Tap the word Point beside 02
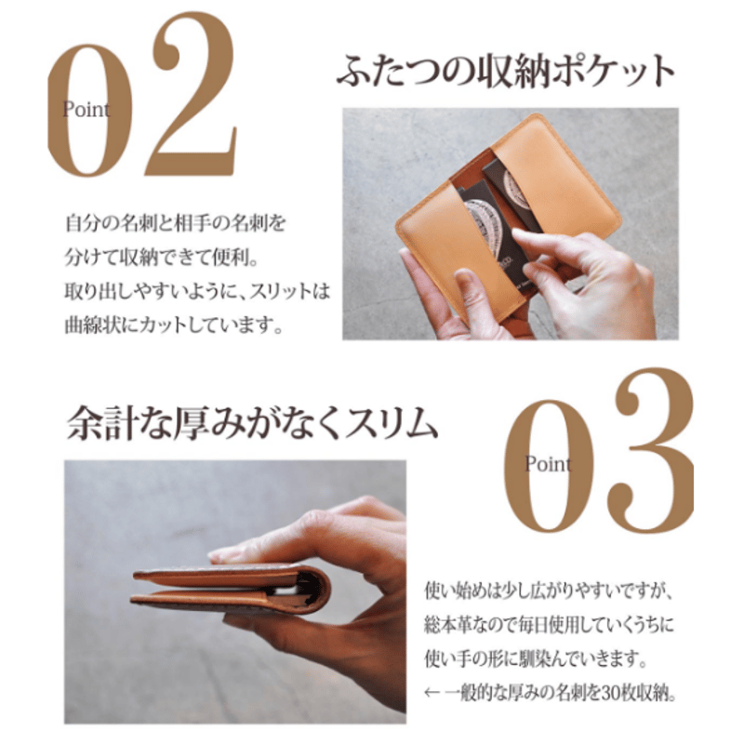tap(86, 110)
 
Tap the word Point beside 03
tap(548, 463)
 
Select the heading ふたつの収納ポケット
tap(506, 73)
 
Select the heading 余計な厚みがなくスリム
tap(252, 424)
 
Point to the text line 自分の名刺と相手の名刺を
tap(176, 224)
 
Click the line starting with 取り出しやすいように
tap(197, 292)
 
